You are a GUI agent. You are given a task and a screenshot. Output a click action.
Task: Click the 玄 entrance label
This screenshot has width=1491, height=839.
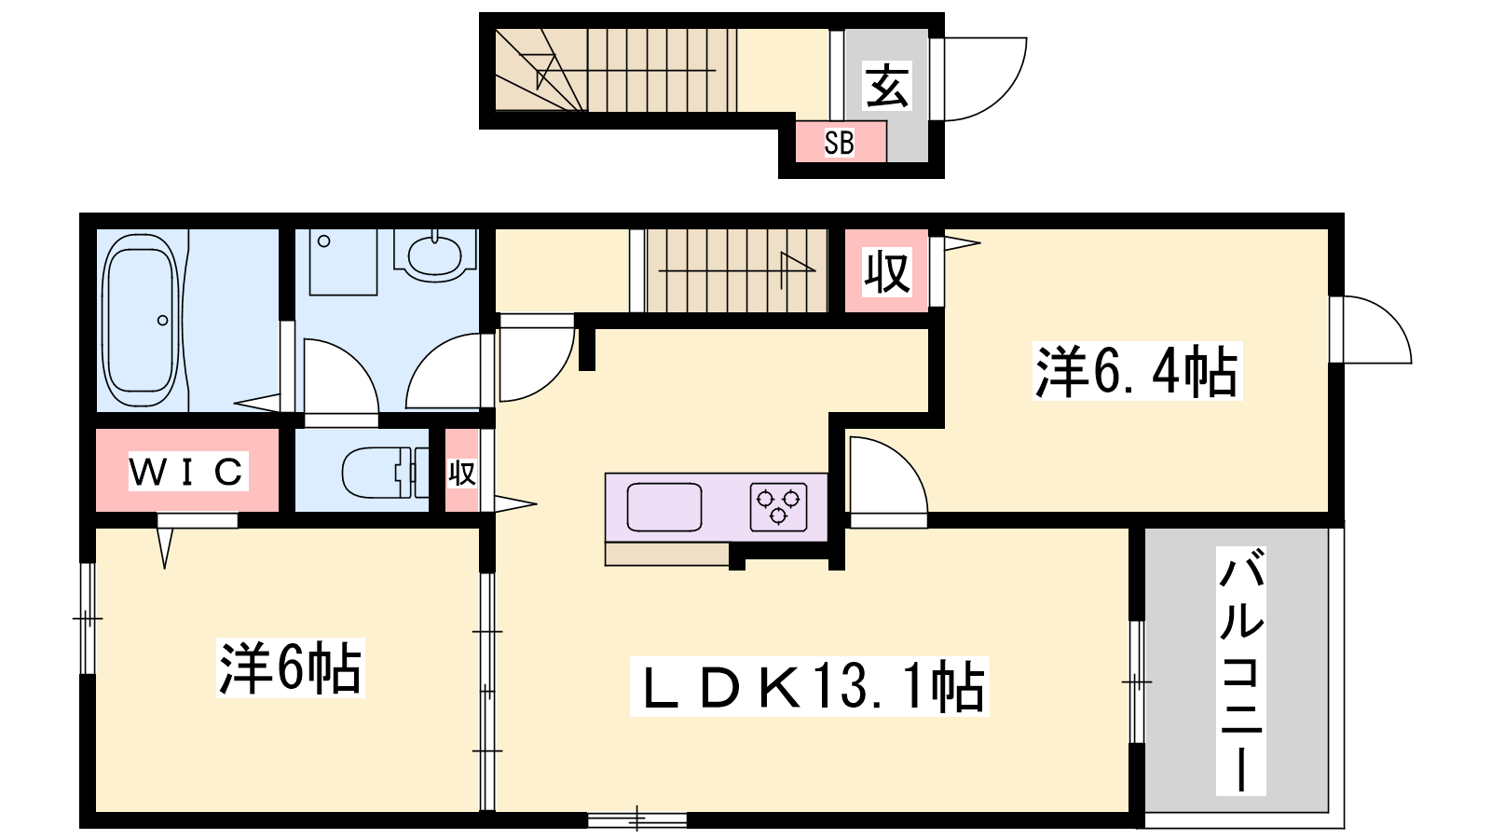[886, 87]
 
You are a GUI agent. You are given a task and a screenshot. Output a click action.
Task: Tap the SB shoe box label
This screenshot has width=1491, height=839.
[839, 143]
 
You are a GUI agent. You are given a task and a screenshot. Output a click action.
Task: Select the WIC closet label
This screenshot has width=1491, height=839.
[187, 472]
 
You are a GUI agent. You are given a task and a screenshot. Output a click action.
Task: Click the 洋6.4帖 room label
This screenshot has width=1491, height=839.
[1137, 371]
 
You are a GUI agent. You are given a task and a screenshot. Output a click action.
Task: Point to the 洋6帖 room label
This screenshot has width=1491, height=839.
[290, 667]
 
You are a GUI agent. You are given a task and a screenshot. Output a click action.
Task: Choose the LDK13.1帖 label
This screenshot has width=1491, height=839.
[810, 686]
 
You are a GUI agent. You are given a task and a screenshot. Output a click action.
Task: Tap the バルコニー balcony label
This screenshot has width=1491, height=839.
[1240, 671]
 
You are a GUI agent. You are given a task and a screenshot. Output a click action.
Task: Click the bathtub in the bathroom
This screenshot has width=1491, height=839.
[141, 321]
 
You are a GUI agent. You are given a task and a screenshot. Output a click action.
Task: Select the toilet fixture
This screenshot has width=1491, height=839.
[385, 473]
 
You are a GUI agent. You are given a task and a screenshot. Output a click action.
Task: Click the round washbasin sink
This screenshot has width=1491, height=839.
[434, 255]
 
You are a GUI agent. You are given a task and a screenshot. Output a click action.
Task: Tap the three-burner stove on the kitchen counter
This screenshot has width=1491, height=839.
[778, 507]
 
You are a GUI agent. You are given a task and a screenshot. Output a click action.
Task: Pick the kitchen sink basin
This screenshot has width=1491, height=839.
[664, 507]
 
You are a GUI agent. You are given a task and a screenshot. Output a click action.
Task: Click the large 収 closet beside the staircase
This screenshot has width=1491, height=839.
[886, 270]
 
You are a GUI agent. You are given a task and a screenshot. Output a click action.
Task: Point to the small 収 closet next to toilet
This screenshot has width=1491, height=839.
[462, 472]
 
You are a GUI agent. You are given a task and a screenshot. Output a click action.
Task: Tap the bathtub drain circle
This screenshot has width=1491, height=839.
[162, 321]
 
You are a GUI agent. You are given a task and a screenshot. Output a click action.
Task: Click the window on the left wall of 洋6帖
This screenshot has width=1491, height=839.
[88, 619]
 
